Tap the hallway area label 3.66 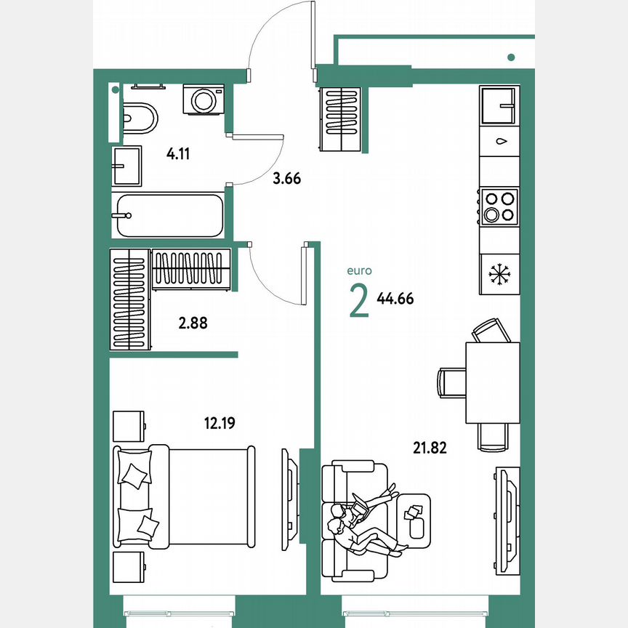click(x=286, y=177)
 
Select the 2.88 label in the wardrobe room click(x=193, y=323)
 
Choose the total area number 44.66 click(x=395, y=298)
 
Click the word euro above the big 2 click(x=360, y=270)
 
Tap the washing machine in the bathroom click(x=204, y=99)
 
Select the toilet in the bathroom click(x=139, y=117)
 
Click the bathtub click(x=168, y=215)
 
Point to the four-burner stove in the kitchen click(x=499, y=206)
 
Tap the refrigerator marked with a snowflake click(x=499, y=275)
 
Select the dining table click(x=492, y=382)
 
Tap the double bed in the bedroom click(x=185, y=495)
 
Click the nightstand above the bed click(x=129, y=425)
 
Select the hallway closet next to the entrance click(x=340, y=119)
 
